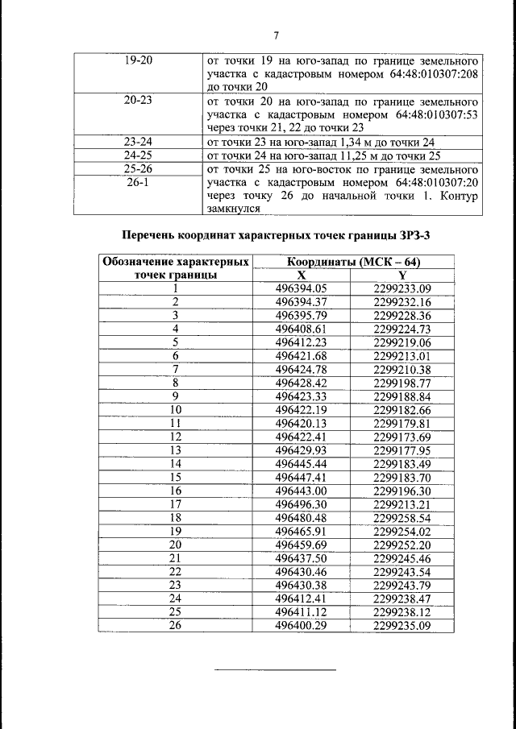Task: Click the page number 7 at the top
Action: (276, 35)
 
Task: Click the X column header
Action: (302, 275)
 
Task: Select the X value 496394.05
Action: (302, 288)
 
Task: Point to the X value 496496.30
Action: (302, 505)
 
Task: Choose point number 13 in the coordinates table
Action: (175, 451)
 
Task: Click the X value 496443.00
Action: (302, 491)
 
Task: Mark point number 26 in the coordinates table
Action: (175, 627)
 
